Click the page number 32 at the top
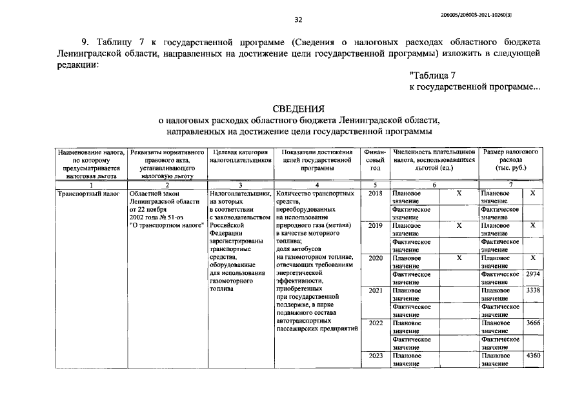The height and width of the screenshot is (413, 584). pos(298,19)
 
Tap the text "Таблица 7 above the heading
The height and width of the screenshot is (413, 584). pos(436,76)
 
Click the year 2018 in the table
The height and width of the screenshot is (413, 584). pos(376,193)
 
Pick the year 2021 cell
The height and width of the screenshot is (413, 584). pos(376,290)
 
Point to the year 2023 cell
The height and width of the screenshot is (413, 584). pos(376,356)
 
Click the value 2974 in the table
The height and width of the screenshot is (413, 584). pos(532,274)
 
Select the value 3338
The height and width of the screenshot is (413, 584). pos(532,290)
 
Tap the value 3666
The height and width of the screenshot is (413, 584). pos(532,323)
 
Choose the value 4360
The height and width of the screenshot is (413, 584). pos(532,356)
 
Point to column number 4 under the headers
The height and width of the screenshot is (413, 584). pos(316,185)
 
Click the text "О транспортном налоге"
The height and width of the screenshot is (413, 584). pos(166,226)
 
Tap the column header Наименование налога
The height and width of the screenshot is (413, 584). pos(90,163)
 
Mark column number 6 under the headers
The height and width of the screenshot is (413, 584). pos(434,185)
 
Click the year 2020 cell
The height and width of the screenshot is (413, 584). pos(376,258)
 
